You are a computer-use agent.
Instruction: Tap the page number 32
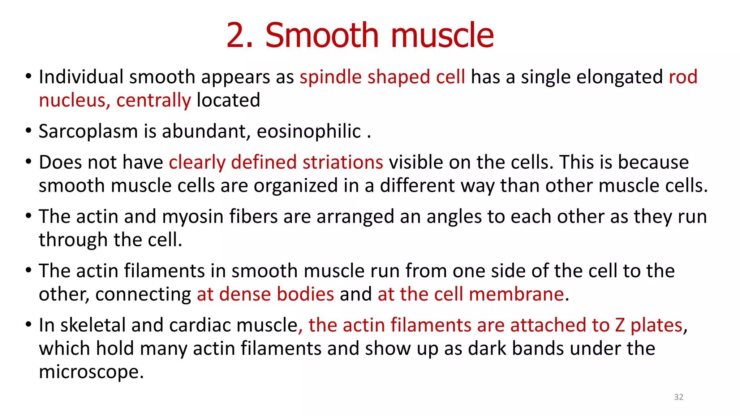(679, 397)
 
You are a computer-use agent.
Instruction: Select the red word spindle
(331, 77)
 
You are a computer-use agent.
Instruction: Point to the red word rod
(683, 77)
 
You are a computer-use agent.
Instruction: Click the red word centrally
(154, 100)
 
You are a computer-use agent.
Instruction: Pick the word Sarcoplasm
(88, 131)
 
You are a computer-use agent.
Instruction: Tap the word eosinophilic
(309, 131)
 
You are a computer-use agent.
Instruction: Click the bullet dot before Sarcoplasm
(29, 130)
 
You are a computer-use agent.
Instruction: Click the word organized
(308, 186)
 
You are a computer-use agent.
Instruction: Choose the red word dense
(245, 294)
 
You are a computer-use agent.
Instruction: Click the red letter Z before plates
(620, 325)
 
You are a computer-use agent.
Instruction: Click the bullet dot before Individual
(29, 76)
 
